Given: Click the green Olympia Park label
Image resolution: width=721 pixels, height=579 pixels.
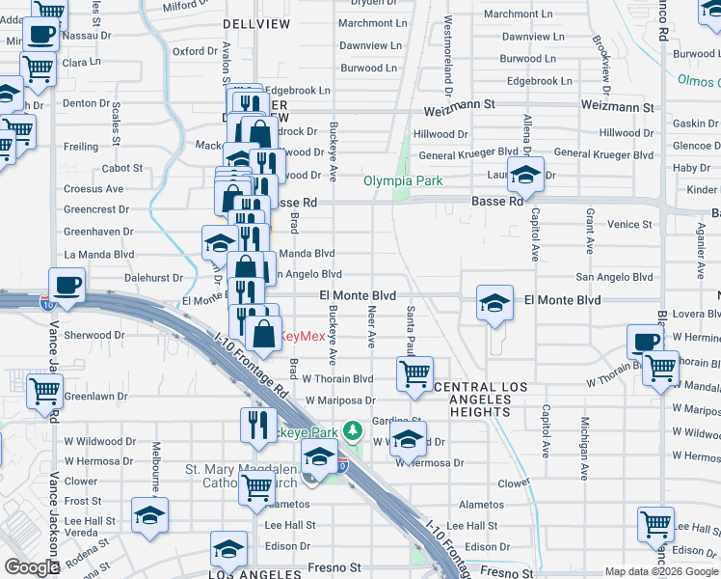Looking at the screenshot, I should [402, 180].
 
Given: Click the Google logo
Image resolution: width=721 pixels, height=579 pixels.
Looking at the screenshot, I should [32, 567].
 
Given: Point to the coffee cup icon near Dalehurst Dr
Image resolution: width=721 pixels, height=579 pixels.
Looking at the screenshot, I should [67, 285].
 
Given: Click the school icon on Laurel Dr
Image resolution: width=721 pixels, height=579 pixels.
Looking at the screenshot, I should [525, 176].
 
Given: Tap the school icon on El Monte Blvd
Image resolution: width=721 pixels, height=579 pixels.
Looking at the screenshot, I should [494, 304].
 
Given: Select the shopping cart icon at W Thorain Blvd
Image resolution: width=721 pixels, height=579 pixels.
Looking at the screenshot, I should [414, 373].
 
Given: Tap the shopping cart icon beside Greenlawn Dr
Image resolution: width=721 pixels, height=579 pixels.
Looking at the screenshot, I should [45, 393].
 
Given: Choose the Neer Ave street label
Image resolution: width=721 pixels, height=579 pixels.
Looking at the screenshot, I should [371, 328].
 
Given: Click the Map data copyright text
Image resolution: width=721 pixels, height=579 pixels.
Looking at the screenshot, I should [661, 571].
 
